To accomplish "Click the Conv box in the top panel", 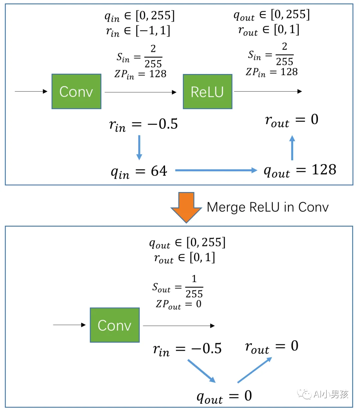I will point(76,92).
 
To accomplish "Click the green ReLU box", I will point(207,92).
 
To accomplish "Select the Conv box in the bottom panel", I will point(115,325).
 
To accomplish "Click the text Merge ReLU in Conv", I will point(267,207).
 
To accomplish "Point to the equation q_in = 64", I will point(139,172).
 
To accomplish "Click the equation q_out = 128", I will point(300,171).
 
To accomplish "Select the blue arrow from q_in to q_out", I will point(216,170).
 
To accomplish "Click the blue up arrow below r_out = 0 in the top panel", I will point(292,148).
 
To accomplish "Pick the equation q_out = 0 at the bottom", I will point(224,396).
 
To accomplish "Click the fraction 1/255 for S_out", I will point(194,286).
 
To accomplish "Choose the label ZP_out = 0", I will point(179,304).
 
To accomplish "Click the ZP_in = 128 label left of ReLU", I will point(140,74).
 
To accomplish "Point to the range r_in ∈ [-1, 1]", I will point(138,31).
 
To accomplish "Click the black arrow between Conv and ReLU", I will point(140,92).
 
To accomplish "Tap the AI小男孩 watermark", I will point(323,394).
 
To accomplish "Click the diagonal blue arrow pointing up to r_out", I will point(255,370).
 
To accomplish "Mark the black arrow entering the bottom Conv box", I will point(69,325).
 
